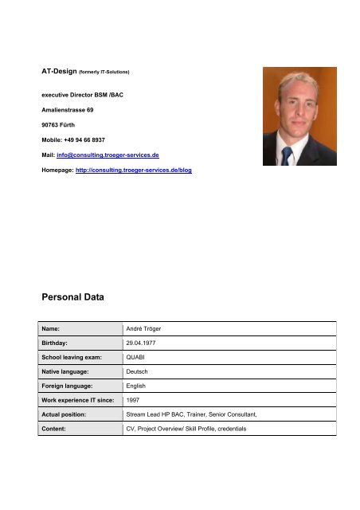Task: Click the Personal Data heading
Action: (72, 296)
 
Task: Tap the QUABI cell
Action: (136, 359)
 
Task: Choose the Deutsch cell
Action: (139, 375)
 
